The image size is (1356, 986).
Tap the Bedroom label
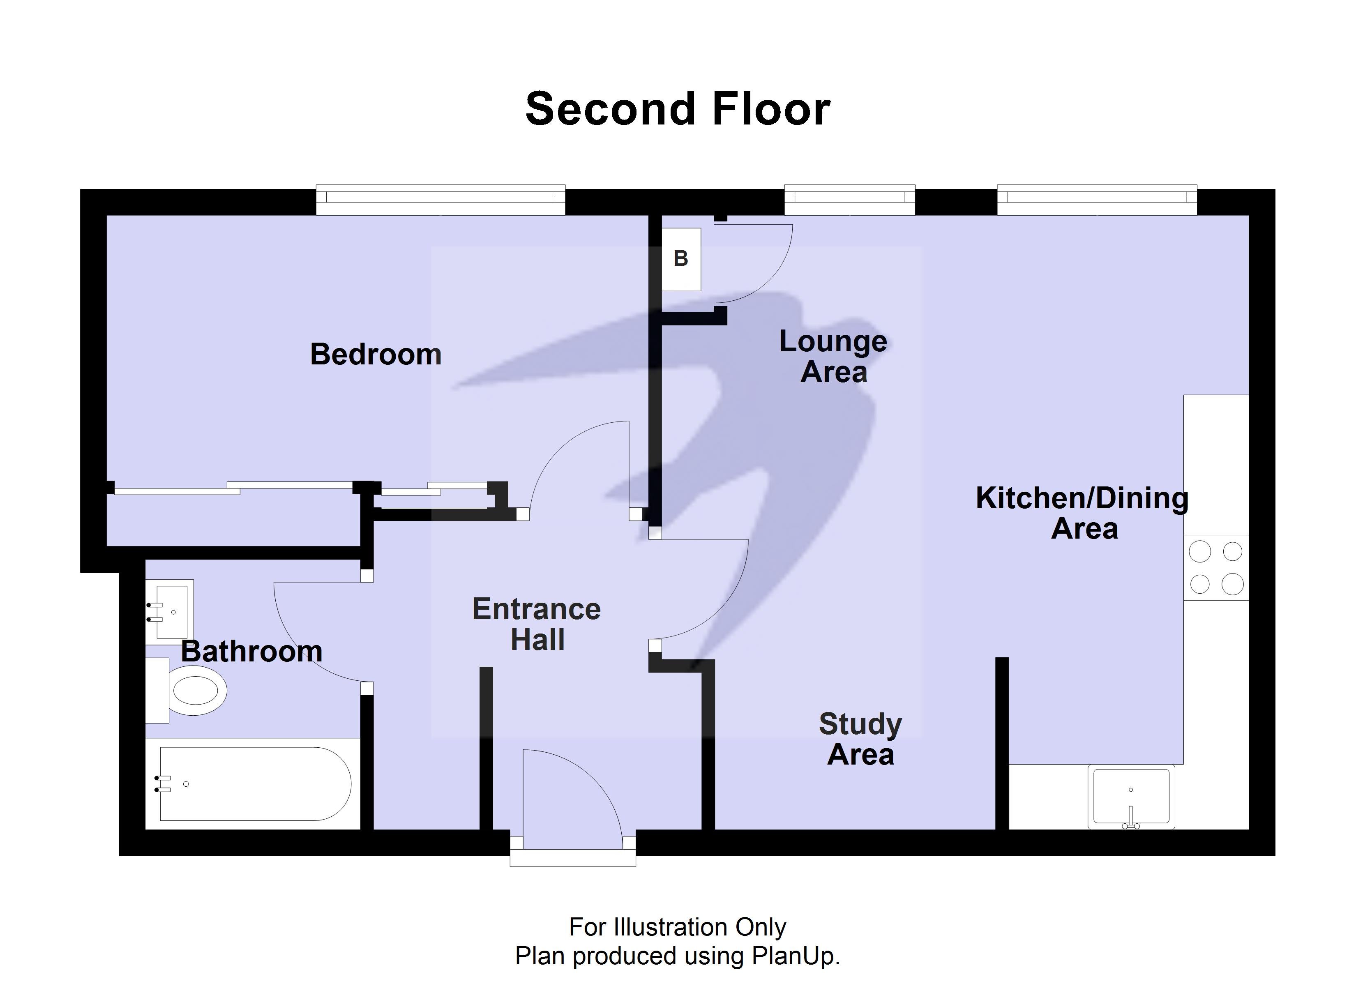point(376,355)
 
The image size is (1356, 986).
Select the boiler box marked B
point(681,259)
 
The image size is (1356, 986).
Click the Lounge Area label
point(833,357)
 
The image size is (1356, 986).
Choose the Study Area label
point(860,739)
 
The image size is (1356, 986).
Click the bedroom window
point(440,199)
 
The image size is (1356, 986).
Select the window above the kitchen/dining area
point(1097,199)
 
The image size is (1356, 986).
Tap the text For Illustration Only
point(678,927)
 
